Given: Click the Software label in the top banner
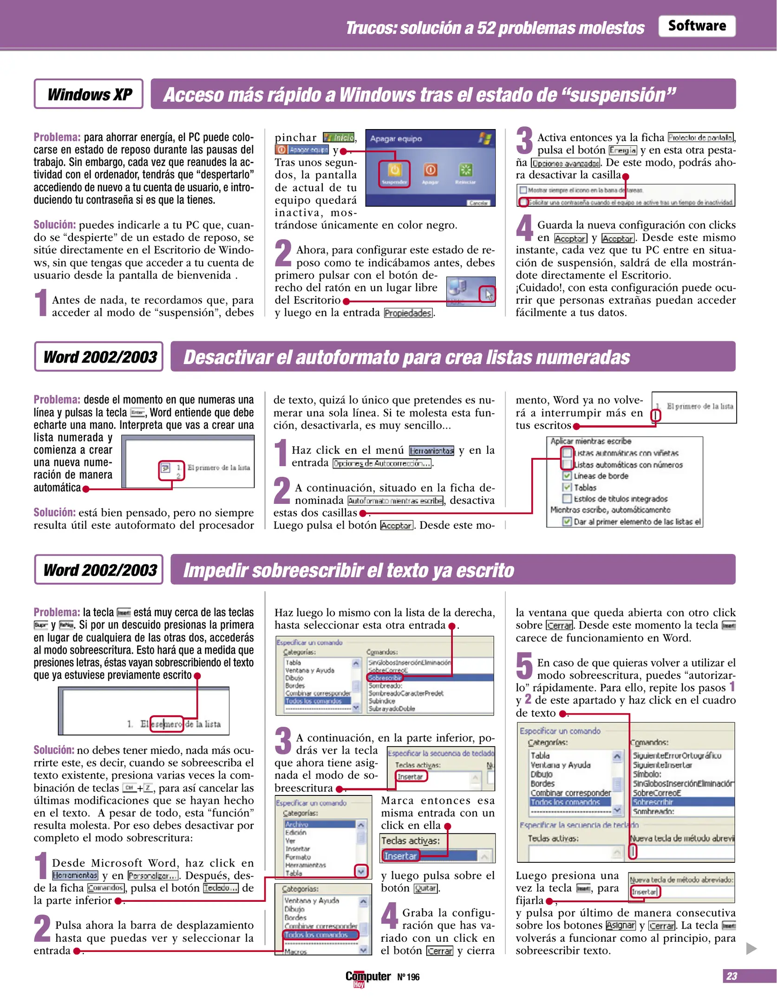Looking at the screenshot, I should click(x=696, y=26).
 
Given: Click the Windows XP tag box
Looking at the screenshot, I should click(x=88, y=94).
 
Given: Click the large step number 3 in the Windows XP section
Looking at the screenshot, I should click(x=524, y=141).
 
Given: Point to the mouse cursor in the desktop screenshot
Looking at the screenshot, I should click(x=488, y=294).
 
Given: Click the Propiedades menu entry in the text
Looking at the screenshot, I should click(x=408, y=313).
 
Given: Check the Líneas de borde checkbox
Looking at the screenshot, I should click(x=567, y=476).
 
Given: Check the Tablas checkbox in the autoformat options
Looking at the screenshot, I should click(x=567, y=487).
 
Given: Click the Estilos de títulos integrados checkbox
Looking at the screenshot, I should click(x=567, y=499).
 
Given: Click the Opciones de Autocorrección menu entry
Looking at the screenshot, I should click(x=382, y=463).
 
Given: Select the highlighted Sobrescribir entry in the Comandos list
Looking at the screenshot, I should click(x=385, y=678).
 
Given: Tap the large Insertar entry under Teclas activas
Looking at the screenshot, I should click(x=400, y=856).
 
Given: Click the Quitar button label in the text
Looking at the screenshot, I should click(x=425, y=888).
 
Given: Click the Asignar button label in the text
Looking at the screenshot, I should click(x=620, y=925).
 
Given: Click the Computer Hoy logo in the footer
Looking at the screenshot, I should click(x=368, y=977).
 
